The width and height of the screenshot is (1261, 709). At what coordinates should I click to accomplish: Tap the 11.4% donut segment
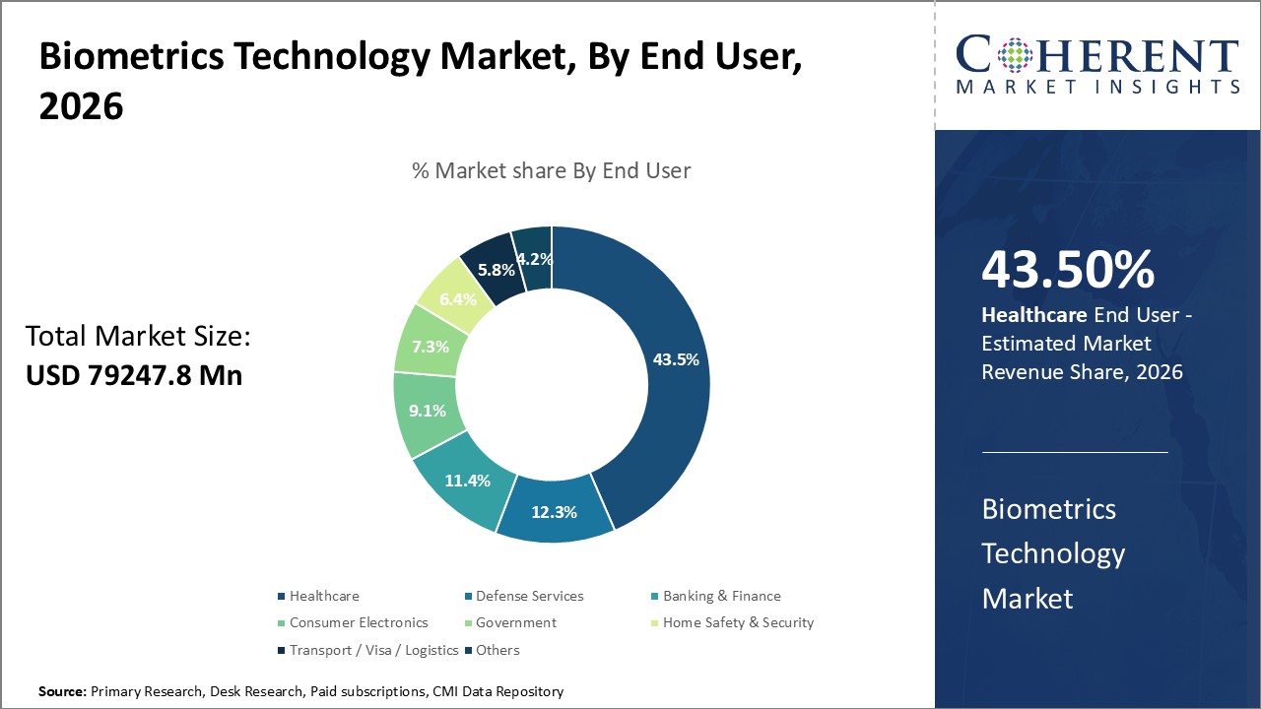point(466,482)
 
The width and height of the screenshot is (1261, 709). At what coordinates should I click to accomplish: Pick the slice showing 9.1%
point(428,412)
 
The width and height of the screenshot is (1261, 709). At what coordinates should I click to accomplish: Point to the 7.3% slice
point(430,347)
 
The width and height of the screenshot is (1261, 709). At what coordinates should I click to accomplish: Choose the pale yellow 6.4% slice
point(457,298)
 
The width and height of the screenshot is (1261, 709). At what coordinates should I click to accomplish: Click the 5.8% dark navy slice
point(495,268)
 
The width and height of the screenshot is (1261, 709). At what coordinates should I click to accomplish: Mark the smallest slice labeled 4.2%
point(535,259)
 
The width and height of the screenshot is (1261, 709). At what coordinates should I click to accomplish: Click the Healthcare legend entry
point(324,596)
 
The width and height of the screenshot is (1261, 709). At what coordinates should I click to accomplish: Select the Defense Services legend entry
point(529,596)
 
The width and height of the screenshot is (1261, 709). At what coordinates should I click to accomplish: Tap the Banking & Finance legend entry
point(721,596)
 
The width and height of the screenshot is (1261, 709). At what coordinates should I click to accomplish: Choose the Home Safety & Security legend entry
point(738,622)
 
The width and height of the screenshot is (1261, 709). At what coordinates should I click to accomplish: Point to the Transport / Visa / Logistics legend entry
point(373,650)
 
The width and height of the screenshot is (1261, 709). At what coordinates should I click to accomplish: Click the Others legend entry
point(498,650)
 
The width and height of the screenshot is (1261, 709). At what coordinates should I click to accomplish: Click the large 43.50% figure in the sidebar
point(1068,270)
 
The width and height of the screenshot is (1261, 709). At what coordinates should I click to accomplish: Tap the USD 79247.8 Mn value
point(134,375)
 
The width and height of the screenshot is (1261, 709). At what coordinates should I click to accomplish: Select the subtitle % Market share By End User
point(551,170)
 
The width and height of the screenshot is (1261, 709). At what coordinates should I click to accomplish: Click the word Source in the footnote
point(62,692)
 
